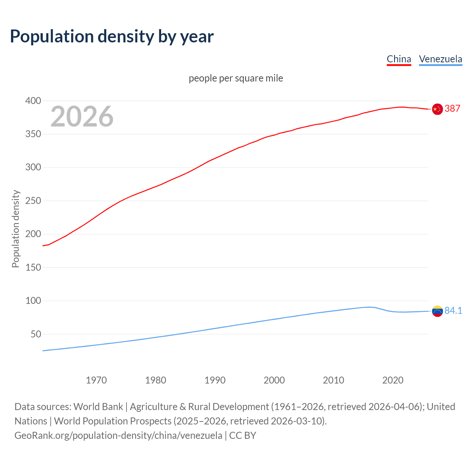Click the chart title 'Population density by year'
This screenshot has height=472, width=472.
pos(112,37)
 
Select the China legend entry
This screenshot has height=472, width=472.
pos(399,59)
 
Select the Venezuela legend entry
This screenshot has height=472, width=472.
pos(440,59)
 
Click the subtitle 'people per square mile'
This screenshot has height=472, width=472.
pos(236,78)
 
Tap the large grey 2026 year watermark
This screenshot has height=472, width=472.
pos(82,117)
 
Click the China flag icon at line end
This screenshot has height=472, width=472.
pos(437,109)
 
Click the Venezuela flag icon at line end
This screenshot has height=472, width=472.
pos(437,311)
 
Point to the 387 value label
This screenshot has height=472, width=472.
pos(452,108)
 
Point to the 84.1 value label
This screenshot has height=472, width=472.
pos(453,310)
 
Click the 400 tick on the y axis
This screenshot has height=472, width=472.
pos(33,101)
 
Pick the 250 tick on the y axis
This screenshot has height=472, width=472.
pos(33,201)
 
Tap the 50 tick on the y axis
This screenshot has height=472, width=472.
pos(36,334)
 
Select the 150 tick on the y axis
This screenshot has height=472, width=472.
pos(33,268)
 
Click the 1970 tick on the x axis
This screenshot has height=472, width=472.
pos(96,380)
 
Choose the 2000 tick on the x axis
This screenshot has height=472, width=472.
pos(274,380)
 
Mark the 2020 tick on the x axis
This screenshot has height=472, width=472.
pos(393,380)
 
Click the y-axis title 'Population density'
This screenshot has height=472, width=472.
pos(15,229)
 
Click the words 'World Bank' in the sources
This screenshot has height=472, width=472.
pos(98,407)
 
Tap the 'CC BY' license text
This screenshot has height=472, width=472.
pos(243,435)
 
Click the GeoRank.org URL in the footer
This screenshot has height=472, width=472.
pos(118,435)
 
